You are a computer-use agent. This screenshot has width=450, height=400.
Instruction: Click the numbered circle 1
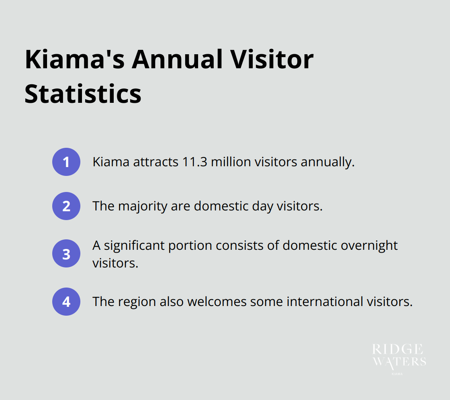66,162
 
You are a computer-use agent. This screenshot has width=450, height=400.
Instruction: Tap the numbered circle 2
66,206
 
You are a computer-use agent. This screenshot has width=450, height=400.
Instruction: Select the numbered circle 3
66,253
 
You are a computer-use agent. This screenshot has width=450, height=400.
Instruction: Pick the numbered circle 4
66,301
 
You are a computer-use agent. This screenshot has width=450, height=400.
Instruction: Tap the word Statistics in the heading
83,94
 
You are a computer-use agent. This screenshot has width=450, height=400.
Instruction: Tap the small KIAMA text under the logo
397,374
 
